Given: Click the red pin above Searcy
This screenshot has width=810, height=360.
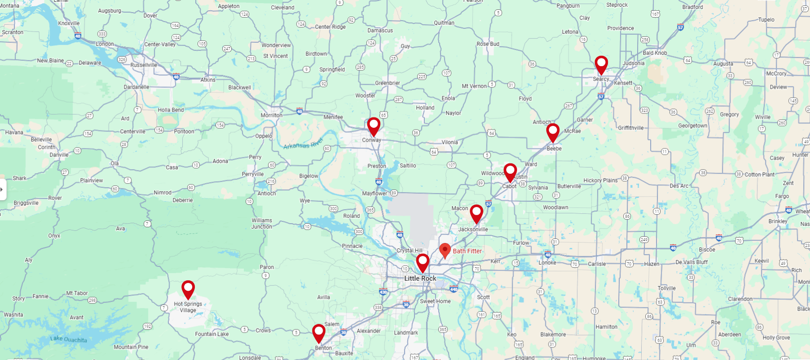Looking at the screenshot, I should (601, 64).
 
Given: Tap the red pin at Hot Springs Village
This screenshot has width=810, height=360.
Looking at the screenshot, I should (188, 288).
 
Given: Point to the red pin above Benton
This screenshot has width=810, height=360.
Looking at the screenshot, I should (319, 332).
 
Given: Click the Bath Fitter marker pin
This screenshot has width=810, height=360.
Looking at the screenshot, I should (445, 250).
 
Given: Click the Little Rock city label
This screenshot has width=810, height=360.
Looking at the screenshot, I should (420, 279).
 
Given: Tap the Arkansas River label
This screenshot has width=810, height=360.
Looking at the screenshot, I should (303, 144).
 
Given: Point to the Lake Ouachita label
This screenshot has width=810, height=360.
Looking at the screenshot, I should (68, 339).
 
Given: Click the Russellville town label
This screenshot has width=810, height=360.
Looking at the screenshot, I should (144, 65).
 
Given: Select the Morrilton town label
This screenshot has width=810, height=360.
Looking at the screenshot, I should (271, 115).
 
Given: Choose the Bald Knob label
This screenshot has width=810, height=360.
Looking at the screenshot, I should (655, 53).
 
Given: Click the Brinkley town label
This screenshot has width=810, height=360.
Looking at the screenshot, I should (778, 221).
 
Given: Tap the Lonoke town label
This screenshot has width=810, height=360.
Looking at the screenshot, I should (547, 263).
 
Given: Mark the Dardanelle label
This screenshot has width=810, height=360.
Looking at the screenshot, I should (136, 87).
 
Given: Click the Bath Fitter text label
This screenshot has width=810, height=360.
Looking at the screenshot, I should (467, 251).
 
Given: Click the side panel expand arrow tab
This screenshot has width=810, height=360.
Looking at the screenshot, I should (2, 189).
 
